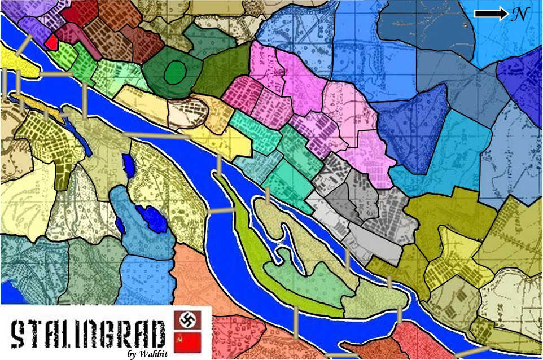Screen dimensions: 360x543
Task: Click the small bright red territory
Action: [x=51, y=42]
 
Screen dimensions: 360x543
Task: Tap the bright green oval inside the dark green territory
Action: [x=176, y=72]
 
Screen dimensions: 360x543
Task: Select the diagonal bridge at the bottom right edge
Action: [x=469, y=352]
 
